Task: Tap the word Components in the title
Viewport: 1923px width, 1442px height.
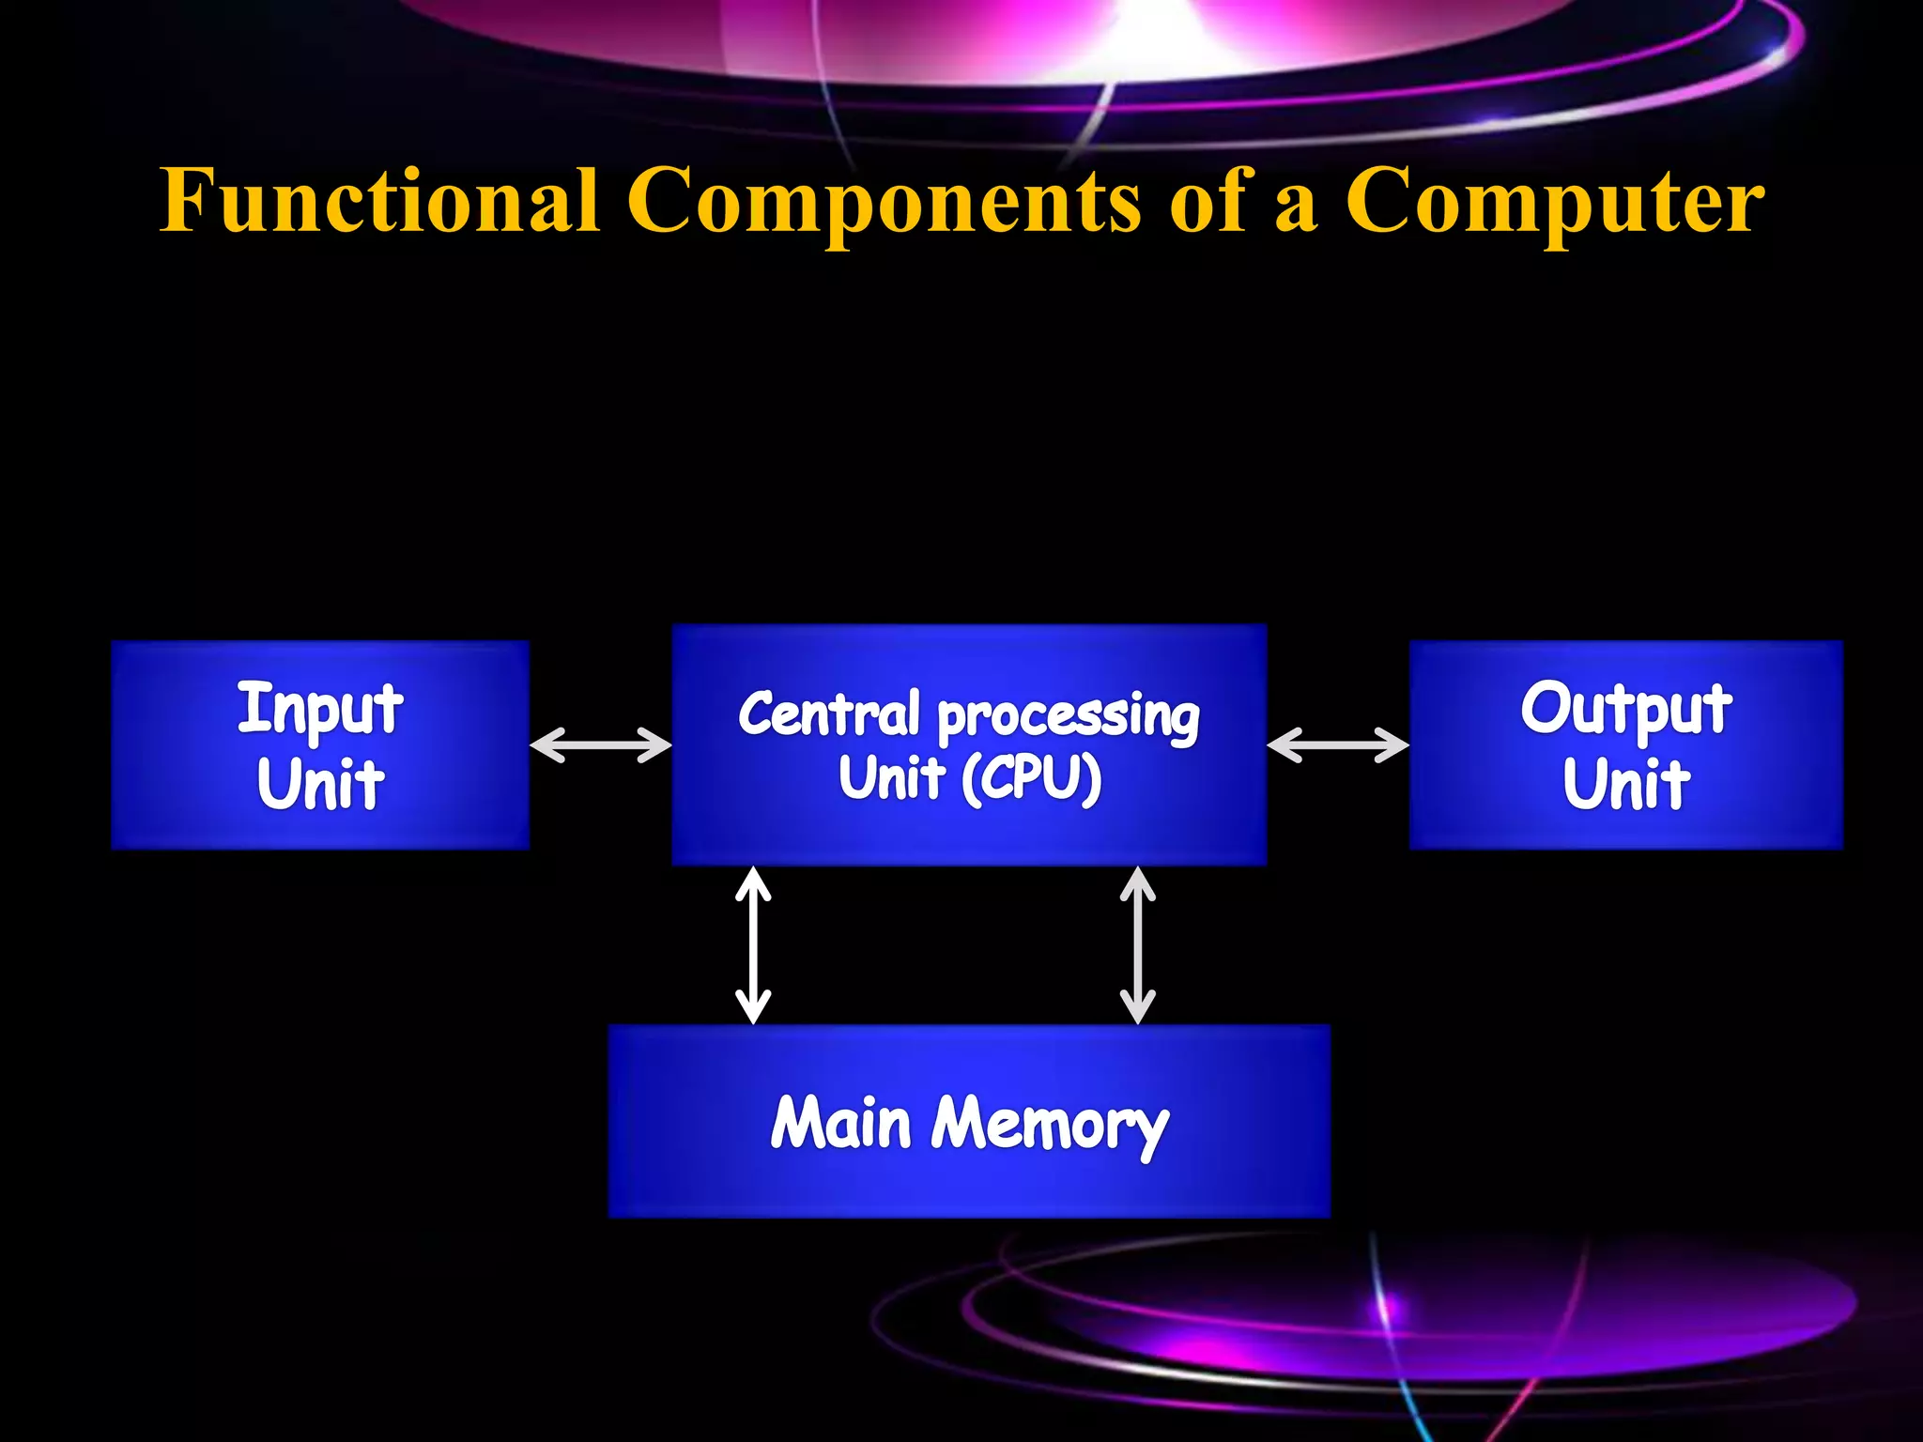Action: point(884,202)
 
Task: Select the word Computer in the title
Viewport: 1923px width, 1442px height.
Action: point(1554,202)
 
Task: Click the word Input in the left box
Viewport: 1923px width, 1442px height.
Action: point(319,711)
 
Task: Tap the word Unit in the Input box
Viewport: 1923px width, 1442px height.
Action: point(319,785)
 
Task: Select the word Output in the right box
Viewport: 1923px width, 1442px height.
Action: point(1625,711)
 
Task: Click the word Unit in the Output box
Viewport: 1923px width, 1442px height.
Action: point(1625,785)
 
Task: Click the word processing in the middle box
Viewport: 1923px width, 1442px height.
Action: point(1069,718)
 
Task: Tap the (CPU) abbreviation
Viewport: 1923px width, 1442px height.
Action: point(1031,780)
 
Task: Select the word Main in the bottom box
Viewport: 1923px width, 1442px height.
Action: point(840,1123)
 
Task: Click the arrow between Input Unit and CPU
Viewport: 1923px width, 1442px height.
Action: point(601,745)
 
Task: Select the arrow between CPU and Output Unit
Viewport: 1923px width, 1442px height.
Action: point(1338,745)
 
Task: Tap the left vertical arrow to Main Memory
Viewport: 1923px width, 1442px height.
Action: point(753,944)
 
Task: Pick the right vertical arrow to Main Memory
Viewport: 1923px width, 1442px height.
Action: point(1137,944)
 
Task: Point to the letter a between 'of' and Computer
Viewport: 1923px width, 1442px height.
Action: point(1296,208)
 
